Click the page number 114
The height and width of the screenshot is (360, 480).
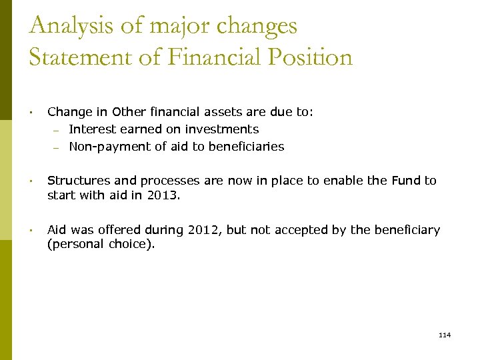(445, 335)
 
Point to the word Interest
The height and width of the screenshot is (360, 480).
(91, 129)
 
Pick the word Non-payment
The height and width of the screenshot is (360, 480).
(105, 147)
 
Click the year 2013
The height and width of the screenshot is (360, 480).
(164, 196)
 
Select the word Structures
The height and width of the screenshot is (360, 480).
(77, 181)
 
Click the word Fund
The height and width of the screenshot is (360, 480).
(406, 181)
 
